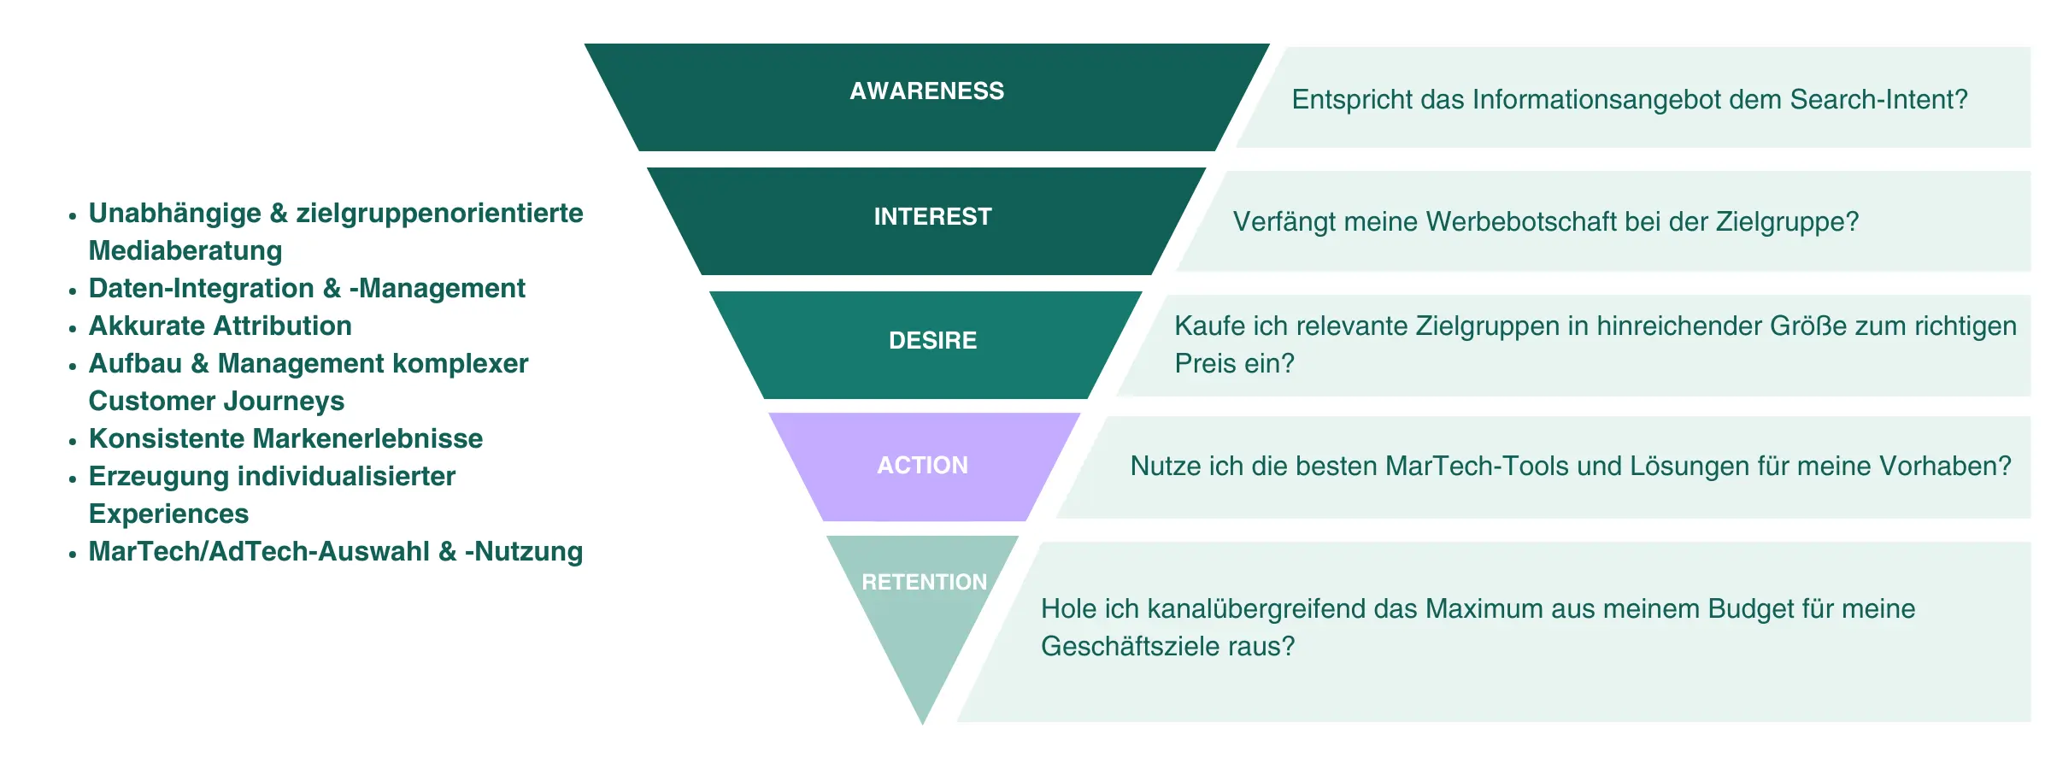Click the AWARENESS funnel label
tap(926, 91)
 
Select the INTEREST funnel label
tap(932, 217)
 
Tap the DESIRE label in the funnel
tap(932, 341)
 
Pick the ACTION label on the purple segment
tap(922, 466)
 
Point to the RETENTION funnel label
tap(924, 583)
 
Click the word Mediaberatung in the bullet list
tap(185, 251)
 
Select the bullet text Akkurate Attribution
tap(220, 326)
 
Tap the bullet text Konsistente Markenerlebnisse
tap(285, 439)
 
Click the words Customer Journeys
tap(216, 402)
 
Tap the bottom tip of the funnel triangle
tap(922, 722)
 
